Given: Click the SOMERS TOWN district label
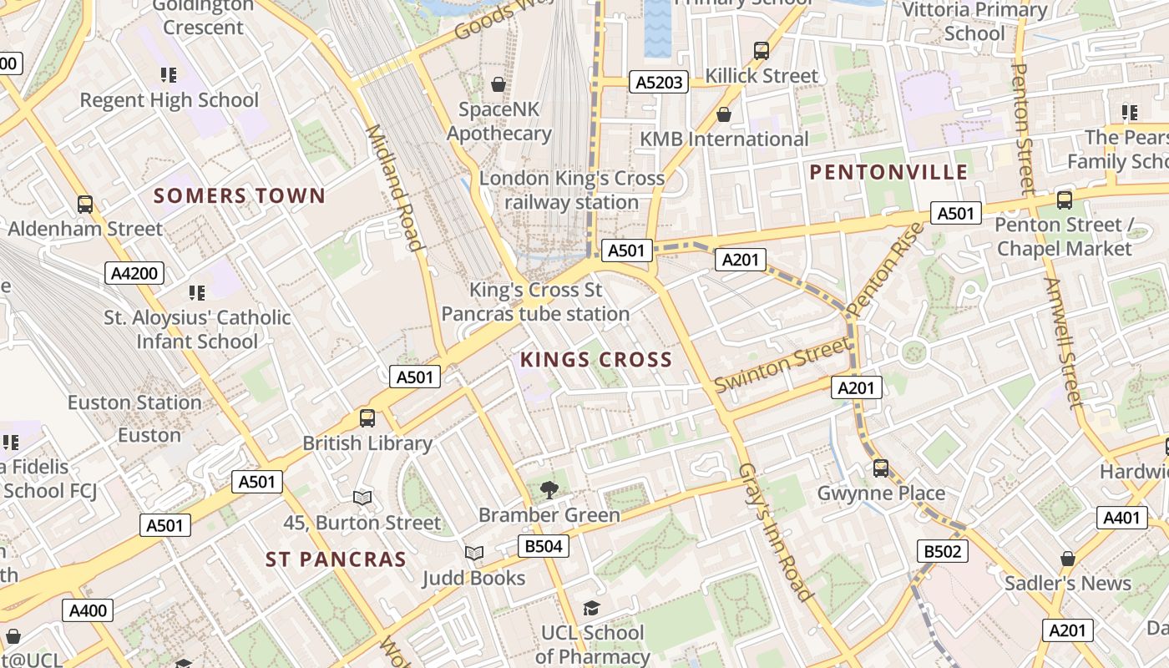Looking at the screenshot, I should [x=240, y=196].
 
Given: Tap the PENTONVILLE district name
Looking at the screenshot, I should [x=888, y=173].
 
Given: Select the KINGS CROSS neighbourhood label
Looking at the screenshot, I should [x=596, y=360].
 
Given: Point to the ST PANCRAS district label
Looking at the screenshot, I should [x=336, y=559].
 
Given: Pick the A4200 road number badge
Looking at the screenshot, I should [x=134, y=273].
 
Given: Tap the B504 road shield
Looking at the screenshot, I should [x=543, y=547].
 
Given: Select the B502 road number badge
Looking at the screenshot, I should [x=943, y=551].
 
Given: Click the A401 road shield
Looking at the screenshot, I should [x=1121, y=518].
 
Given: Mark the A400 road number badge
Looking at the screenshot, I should [x=88, y=610].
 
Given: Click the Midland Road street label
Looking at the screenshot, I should [x=392, y=187].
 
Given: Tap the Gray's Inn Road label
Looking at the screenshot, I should [x=776, y=532].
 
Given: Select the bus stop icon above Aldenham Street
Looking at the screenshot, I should [x=84, y=205].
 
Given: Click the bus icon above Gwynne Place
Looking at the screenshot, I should [x=880, y=468].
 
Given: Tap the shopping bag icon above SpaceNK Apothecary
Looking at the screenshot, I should [x=498, y=84].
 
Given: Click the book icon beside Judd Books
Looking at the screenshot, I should [x=473, y=553].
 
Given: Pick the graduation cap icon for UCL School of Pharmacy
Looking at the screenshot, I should [x=591, y=608].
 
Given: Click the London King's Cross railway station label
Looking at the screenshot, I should [x=572, y=190].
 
